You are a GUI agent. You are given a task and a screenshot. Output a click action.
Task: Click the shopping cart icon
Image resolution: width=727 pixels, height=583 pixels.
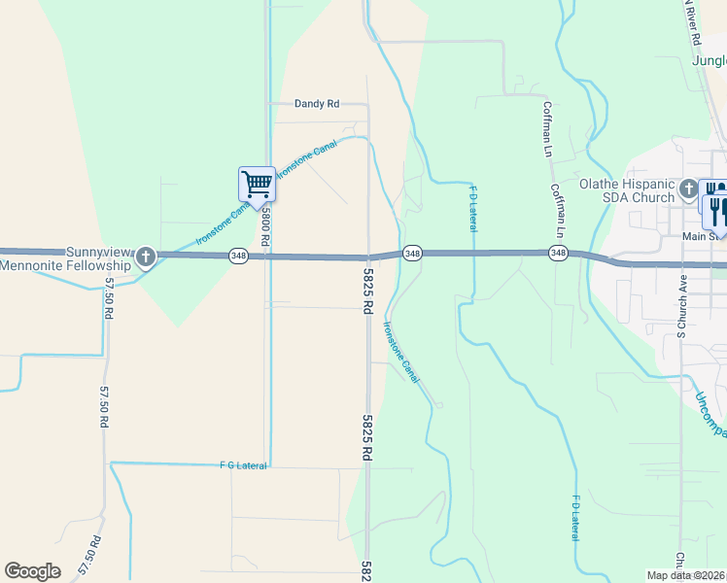click(257, 183)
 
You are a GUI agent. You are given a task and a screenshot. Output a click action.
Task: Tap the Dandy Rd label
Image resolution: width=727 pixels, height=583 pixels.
click(317, 104)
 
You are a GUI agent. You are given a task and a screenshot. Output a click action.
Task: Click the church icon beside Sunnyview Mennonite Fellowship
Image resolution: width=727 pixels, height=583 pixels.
click(146, 257)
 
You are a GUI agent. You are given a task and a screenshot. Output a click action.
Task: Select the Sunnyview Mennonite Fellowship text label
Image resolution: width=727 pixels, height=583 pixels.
click(65, 257)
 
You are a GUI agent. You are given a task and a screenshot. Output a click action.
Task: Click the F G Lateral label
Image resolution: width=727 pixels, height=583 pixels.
click(243, 466)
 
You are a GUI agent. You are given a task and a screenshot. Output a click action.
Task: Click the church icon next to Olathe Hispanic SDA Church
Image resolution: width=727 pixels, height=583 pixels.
click(689, 189)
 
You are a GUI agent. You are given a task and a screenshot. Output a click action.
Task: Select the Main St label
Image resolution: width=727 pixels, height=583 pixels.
click(705, 234)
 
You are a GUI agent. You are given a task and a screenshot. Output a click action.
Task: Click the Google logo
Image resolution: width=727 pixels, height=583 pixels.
click(32, 570)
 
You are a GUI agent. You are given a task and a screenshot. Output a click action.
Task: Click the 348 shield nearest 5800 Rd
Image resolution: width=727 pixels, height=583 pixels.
click(238, 256)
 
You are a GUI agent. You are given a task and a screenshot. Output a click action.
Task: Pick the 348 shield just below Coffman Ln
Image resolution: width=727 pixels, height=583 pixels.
click(558, 253)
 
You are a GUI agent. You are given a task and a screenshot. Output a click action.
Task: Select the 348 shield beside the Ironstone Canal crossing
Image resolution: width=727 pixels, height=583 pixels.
click(412, 253)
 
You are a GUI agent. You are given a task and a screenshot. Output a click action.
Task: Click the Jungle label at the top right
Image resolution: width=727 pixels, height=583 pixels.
click(709, 60)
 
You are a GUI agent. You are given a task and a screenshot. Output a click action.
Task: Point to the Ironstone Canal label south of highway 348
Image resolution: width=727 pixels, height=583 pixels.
click(401, 352)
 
